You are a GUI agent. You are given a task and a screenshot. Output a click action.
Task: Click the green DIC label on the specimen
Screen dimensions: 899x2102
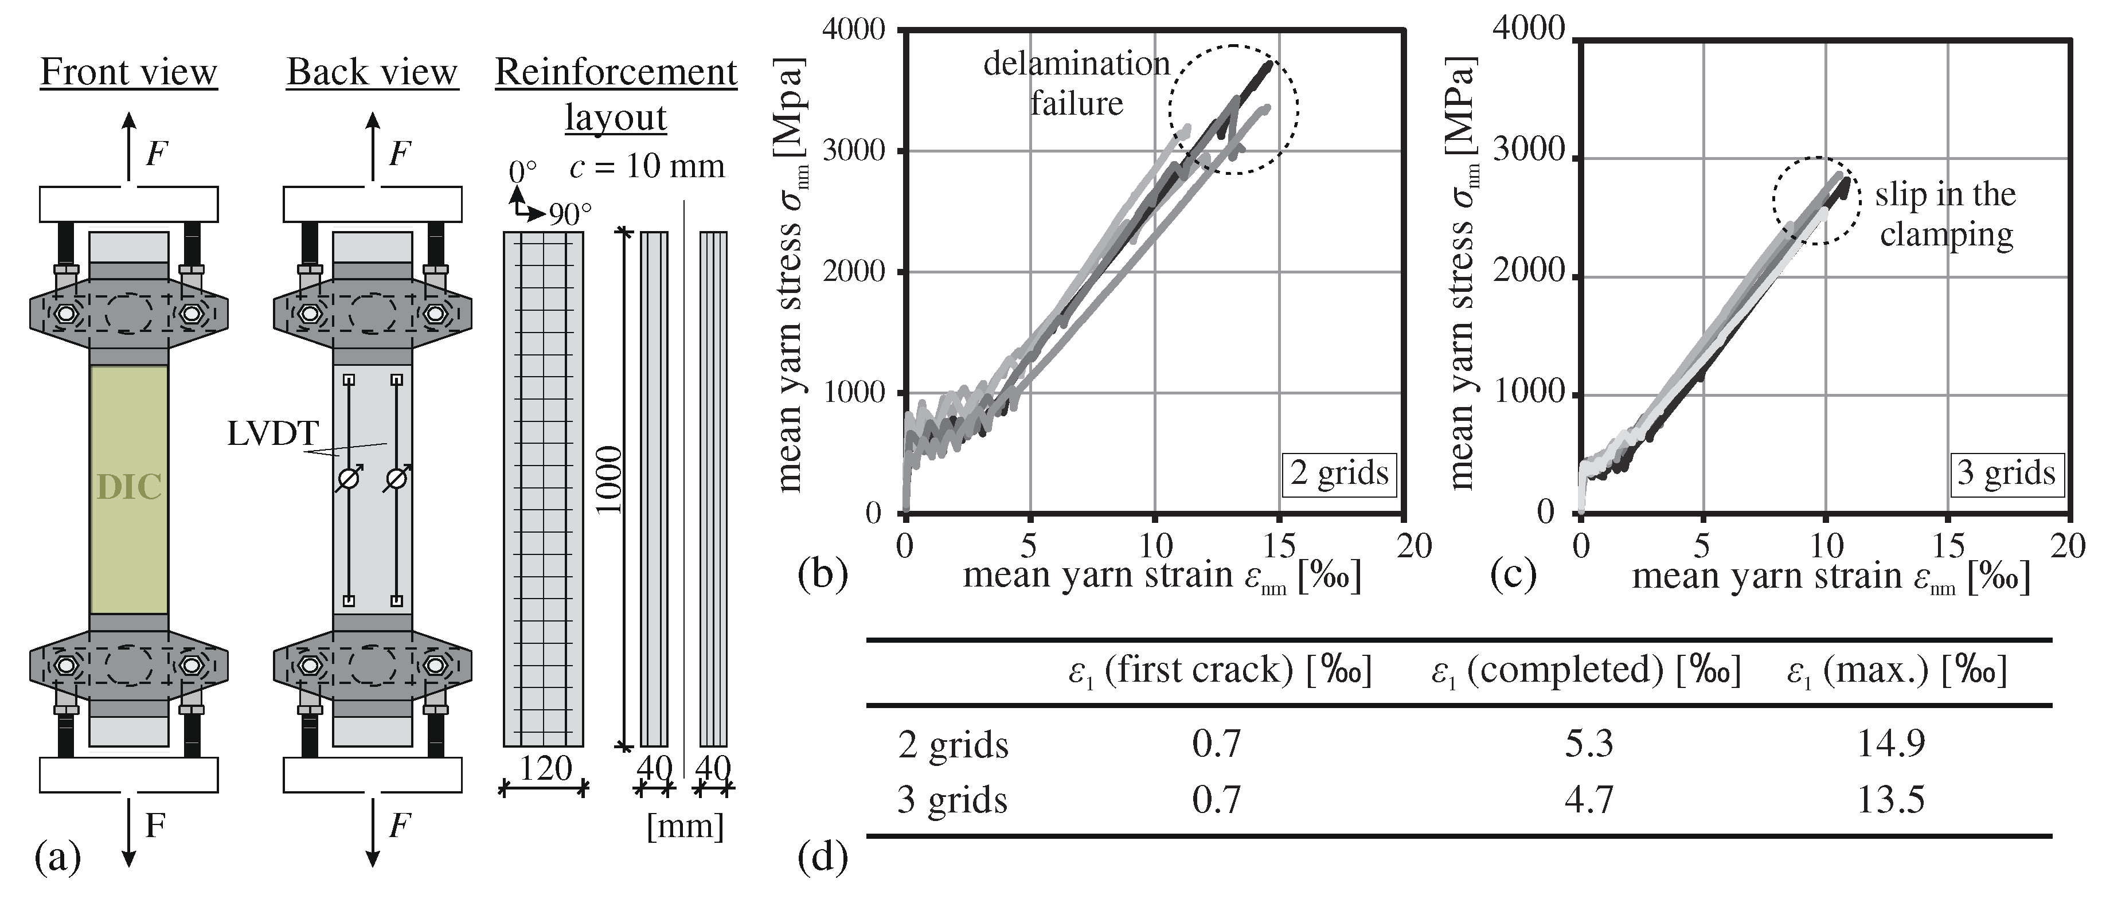[x=129, y=487]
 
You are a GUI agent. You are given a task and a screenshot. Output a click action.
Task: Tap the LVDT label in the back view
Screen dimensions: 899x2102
[x=272, y=434]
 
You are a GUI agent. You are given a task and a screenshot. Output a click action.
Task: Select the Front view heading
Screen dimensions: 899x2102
[x=129, y=73]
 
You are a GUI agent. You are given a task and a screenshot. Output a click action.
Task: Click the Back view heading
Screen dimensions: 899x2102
[x=372, y=73]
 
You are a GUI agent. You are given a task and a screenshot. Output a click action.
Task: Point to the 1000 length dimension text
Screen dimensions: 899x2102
[x=609, y=480]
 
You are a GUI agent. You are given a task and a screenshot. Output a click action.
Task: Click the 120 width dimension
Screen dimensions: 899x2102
[x=545, y=768]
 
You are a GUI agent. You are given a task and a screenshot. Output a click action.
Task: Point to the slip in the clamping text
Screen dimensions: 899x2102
[x=1946, y=214]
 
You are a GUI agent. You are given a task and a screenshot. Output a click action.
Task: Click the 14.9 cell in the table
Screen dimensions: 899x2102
[x=1890, y=743]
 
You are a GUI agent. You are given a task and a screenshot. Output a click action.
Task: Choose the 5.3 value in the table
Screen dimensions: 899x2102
[x=1589, y=743]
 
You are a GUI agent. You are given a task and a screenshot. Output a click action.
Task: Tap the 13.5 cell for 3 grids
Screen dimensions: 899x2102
[x=1890, y=799]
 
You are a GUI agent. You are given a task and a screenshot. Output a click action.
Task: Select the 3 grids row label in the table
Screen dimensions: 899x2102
[x=952, y=799]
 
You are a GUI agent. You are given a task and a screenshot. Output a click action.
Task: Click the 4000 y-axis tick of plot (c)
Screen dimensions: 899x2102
[x=1527, y=29]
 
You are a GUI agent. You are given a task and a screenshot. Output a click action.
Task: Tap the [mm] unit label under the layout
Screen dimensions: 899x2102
[x=685, y=826]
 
